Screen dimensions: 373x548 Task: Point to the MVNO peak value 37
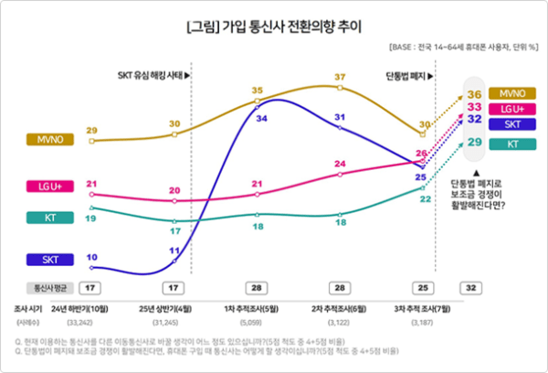[x=340, y=77]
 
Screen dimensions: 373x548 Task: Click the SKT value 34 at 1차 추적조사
[x=261, y=119]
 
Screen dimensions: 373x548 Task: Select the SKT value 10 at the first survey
[x=91, y=257]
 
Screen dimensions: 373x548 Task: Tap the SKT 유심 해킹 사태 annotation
[x=153, y=75]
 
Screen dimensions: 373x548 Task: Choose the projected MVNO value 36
[x=474, y=94]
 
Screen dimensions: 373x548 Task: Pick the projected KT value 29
[x=474, y=143]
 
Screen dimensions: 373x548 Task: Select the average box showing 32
[x=469, y=286]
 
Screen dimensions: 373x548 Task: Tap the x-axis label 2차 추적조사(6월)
[x=340, y=309]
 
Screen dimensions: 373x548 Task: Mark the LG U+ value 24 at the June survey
[x=340, y=164]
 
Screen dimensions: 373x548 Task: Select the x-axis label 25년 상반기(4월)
[x=175, y=309]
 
